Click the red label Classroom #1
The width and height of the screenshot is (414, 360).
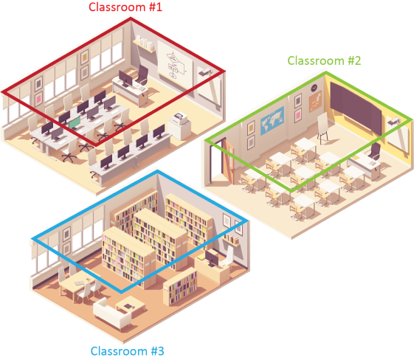(x=125, y=7)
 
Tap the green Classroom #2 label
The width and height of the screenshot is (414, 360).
(x=324, y=60)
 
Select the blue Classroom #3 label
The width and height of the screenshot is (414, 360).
(x=127, y=351)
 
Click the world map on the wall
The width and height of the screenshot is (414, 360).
(x=272, y=120)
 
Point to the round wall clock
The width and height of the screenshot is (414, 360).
(x=314, y=88)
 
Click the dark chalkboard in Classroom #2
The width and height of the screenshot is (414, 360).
(x=356, y=107)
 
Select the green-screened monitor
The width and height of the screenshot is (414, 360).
(x=75, y=123)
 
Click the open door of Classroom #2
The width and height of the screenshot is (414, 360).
(x=229, y=161)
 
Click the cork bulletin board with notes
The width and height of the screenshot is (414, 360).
(x=315, y=102)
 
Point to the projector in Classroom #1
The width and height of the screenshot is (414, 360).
(x=205, y=72)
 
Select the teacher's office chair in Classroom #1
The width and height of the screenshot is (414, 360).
(x=142, y=75)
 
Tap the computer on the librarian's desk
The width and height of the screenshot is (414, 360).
(x=212, y=258)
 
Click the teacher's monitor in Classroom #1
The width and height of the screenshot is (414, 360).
(x=125, y=78)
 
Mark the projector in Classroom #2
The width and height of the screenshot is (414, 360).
(x=394, y=121)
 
